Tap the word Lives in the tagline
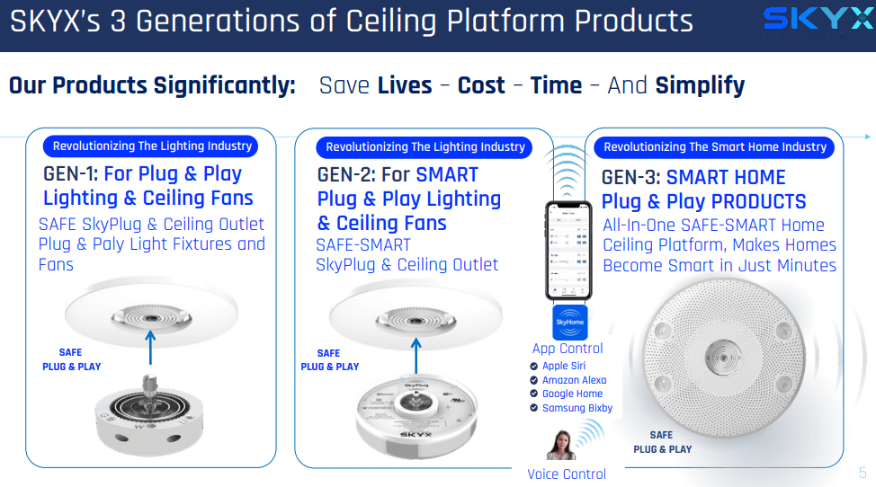405,86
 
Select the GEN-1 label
71,174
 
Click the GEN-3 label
630,178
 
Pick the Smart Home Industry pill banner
714,147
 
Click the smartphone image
568,251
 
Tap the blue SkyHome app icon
569,323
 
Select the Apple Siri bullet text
563,367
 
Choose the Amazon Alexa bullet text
574,380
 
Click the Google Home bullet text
572,394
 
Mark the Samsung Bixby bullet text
577,408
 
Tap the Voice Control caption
567,474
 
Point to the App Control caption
568,349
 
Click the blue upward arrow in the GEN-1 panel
151,345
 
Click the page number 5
863,473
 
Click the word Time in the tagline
556,86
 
